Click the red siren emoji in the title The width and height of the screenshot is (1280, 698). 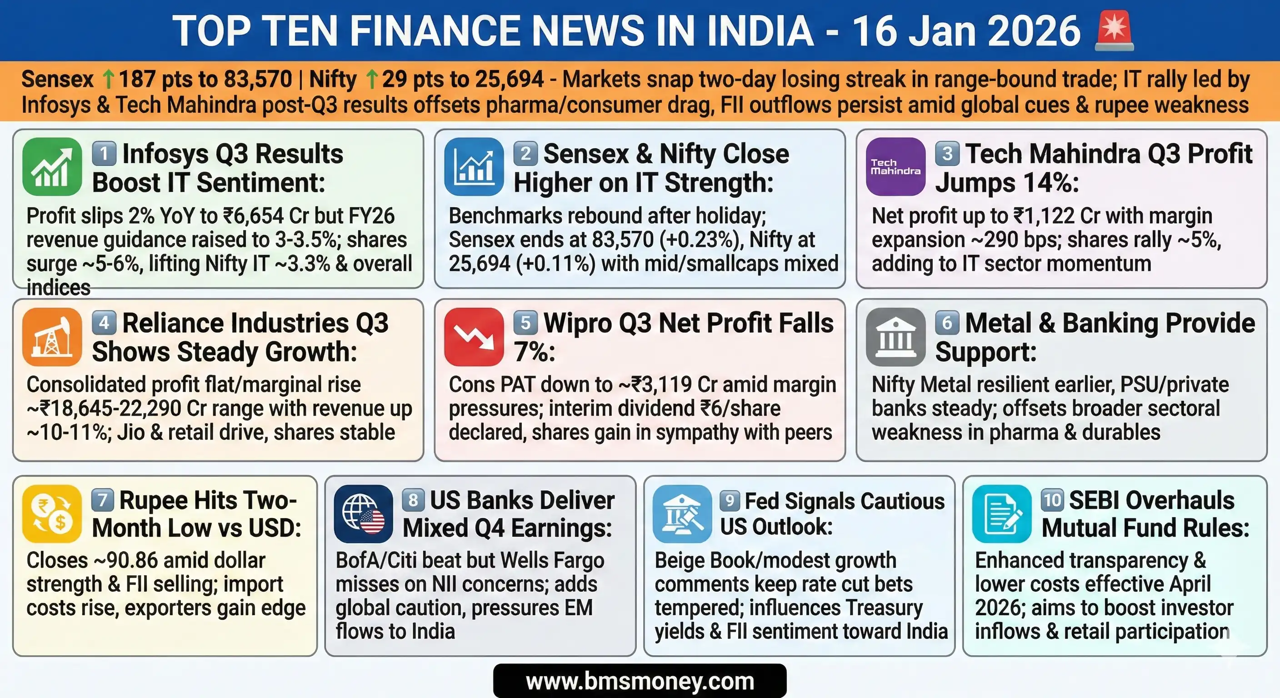1115,31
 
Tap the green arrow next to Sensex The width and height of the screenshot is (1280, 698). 108,80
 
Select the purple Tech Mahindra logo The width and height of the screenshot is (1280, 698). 895,167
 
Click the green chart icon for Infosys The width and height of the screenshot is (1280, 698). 52,167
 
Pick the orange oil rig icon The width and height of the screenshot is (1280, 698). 52,337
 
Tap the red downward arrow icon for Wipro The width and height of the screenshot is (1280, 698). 474,337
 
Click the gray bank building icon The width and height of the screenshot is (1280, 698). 895,337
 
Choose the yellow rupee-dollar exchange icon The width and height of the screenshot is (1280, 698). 52,514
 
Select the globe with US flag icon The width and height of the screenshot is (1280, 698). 364,514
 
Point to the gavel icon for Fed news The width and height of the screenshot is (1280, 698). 682,514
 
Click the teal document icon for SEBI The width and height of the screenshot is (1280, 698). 1002,514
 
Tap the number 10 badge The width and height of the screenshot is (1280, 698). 1052,500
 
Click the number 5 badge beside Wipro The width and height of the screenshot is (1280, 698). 525,323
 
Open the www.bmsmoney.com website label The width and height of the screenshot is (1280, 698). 640,681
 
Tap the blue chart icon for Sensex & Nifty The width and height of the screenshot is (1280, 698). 474,167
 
